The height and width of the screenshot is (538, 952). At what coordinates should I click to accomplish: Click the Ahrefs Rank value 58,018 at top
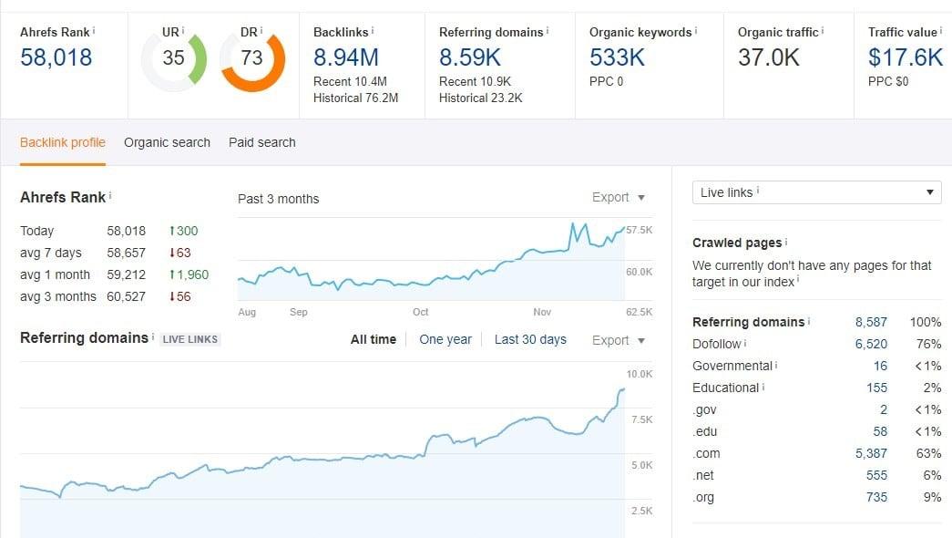(x=56, y=58)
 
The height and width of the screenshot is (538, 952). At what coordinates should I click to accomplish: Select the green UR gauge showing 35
(x=173, y=58)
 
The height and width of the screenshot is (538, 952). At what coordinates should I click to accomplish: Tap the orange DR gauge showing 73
(x=251, y=58)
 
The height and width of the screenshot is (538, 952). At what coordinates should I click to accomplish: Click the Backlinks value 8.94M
(x=345, y=58)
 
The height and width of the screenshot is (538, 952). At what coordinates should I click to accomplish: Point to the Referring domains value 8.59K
(x=470, y=58)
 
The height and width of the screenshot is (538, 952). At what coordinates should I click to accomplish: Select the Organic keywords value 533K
(x=617, y=58)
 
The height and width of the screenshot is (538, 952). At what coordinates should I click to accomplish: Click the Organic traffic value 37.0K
(x=769, y=58)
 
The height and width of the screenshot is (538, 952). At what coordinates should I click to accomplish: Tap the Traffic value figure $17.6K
(x=905, y=58)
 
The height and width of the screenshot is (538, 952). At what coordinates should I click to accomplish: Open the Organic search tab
(x=167, y=142)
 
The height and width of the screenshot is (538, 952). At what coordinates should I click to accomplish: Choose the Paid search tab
(x=261, y=142)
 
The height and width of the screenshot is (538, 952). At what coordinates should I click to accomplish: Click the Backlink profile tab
(x=63, y=142)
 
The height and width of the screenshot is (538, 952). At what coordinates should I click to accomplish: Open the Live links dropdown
(x=816, y=192)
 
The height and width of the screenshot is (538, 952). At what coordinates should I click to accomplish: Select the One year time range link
(x=445, y=339)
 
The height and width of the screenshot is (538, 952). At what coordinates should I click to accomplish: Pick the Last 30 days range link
(x=530, y=339)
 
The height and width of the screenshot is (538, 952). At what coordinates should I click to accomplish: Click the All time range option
(x=374, y=339)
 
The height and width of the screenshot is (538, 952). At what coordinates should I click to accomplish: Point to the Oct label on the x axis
(x=420, y=312)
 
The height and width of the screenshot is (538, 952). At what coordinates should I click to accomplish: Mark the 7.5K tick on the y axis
(x=641, y=419)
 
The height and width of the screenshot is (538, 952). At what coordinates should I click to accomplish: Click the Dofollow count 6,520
(x=871, y=344)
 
